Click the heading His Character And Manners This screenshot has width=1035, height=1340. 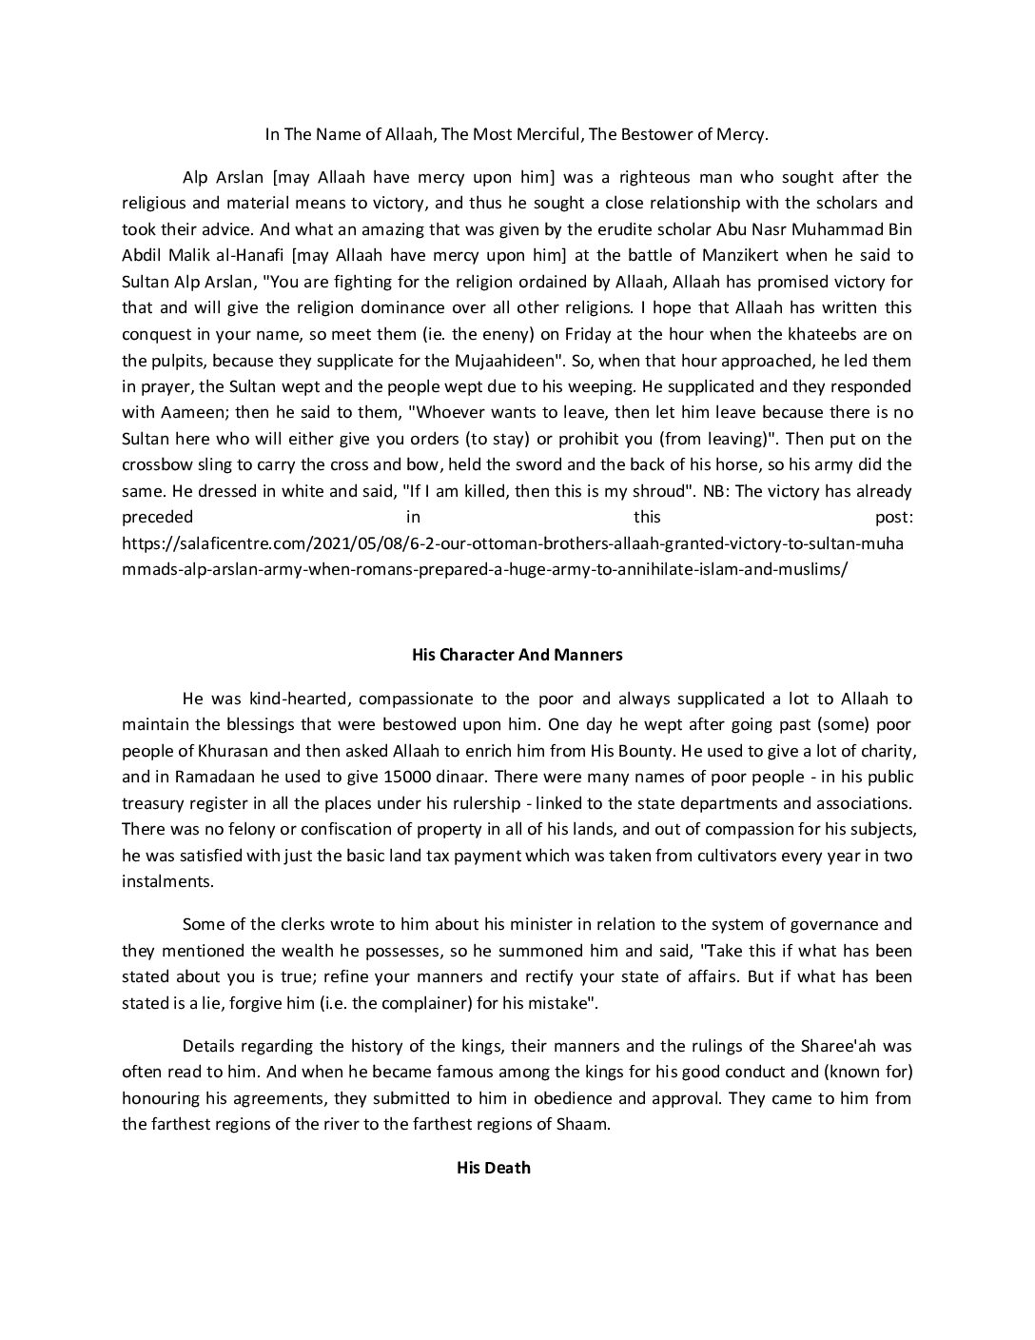pos(517,655)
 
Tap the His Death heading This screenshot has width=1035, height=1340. pos(493,1167)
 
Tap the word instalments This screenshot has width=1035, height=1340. pos(167,881)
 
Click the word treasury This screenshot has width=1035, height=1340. pos(153,803)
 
